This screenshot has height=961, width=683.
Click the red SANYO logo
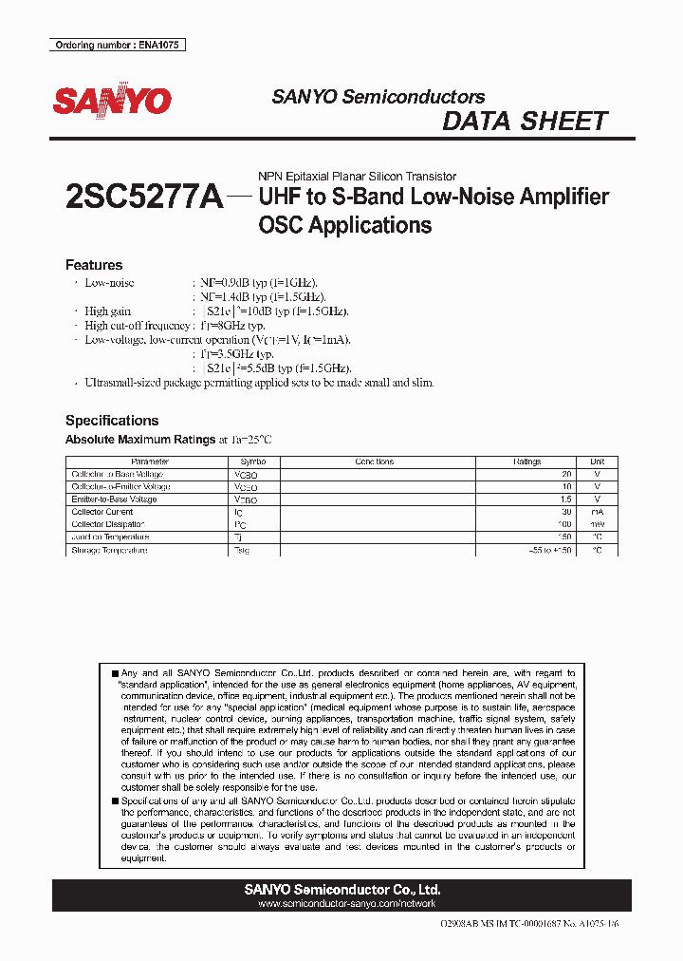click(x=112, y=101)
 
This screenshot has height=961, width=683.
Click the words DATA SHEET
click(x=525, y=122)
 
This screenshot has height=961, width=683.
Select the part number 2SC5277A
click(x=144, y=197)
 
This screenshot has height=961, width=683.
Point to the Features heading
click(x=94, y=265)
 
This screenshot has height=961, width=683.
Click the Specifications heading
click(x=112, y=420)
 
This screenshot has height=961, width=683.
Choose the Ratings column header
click(x=527, y=462)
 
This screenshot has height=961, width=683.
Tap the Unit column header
click(x=597, y=462)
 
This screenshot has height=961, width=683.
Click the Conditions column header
click(x=374, y=462)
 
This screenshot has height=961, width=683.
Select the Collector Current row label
click(x=102, y=512)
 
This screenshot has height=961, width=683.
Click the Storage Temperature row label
click(x=109, y=550)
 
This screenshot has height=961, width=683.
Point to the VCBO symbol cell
click(x=245, y=474)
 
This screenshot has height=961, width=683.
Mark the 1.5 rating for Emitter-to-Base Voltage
click(x=566, y=499)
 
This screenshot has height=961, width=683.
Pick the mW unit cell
click(x=597, y=524)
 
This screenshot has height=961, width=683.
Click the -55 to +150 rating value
click(x=551, y=550)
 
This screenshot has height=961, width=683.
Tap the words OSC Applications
click(x=345, y=226)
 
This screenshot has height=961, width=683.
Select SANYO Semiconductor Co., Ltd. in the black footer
click(x=341, y=890)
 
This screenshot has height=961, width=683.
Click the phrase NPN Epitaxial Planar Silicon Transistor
click(x=357, y=177)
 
